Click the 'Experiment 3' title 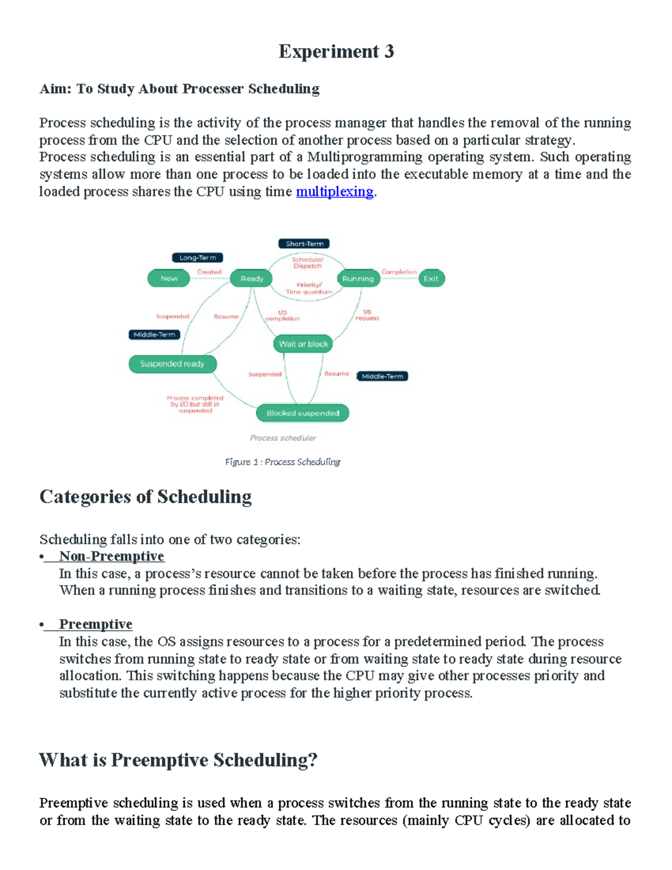click(336, 52)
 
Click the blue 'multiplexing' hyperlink click(334, 192)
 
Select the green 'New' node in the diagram click(169, 278)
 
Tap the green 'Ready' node click(251, 278)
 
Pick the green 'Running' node click(358, 278)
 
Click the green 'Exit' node click(431, 278)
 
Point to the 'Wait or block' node click(303, 344)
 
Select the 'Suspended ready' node click(172, 364)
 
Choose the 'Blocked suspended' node click(302, 413)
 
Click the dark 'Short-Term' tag click(304, 244)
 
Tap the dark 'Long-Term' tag click(197, 258)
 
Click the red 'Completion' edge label click(399, 272)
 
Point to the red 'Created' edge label click(209, 272)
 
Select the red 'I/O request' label click(367, 315)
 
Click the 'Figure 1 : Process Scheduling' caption click(283, 462)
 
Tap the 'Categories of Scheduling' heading click(146, 497)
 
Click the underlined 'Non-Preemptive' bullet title click(111, 556)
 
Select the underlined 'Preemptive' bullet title click(96, 624)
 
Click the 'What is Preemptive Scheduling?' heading click(178, 760)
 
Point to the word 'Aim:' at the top click(55, 89)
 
